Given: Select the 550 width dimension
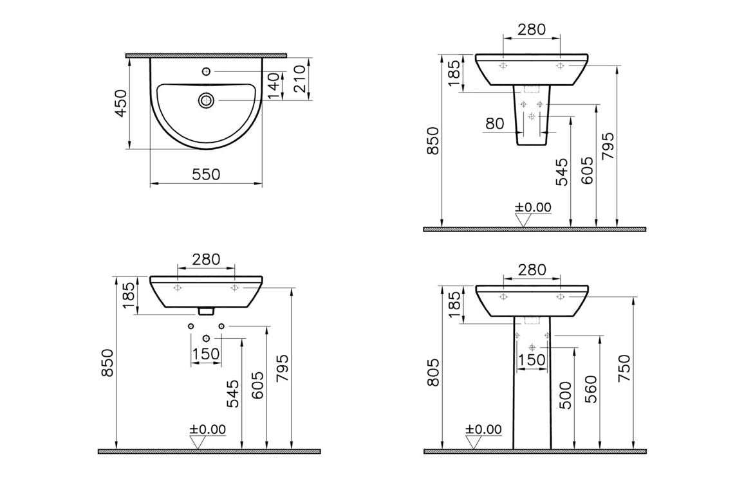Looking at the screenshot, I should coord(206,174).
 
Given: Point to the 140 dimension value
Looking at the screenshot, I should coord(275,85).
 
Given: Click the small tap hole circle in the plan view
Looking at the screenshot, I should coord(206,71).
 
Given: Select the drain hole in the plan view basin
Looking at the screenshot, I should coord(206,100).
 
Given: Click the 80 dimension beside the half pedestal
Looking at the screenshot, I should coord(495,123).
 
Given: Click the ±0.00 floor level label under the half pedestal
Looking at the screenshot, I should coord(534,207).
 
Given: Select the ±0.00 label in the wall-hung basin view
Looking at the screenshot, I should coord(207,429).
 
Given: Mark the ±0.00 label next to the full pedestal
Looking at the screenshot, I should coord(483,429).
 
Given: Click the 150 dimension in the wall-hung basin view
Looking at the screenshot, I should coord(206,354).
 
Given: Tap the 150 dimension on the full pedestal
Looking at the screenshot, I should coord(532,360).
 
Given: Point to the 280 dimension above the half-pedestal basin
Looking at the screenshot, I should coord(532,29).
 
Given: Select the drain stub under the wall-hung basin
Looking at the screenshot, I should coord(206,311).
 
